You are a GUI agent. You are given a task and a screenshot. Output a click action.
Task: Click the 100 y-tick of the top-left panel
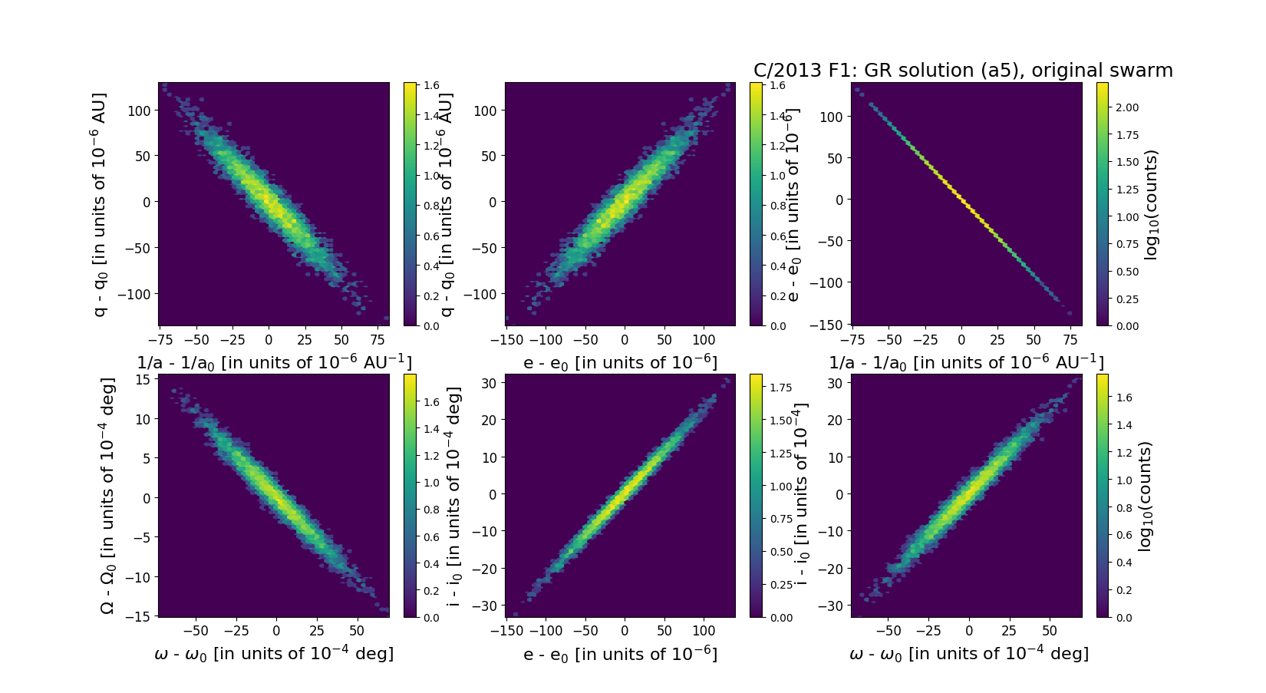click(x=141, y=111)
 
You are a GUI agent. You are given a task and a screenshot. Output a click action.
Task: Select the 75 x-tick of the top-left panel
click(x=377, y=339)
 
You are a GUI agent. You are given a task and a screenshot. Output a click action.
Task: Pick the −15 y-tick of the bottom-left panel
click(x=141, y=616)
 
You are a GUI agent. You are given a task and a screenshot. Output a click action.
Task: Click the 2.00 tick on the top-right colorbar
click(x=1128, y=107)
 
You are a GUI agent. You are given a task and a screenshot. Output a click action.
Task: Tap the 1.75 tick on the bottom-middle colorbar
click(x=780, y=388)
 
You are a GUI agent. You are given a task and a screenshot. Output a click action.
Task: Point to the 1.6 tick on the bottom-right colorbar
click(x=1124, y=398)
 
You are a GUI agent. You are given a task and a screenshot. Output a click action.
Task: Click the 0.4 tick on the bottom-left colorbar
click(x=432, y=563)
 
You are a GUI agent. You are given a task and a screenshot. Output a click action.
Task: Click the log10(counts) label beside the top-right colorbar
click(x=1150, y=205)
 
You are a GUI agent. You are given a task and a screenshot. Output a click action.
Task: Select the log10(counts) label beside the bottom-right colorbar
click(x=1146, y=496)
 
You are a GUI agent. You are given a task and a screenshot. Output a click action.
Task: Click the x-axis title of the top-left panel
click(x=274, y=362)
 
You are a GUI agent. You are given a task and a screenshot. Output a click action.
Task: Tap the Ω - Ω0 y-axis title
click(x=108, y=495)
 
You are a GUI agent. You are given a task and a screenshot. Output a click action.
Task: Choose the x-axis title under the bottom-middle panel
click(x=620, y=654)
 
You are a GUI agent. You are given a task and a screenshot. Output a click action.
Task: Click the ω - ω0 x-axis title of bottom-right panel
click(x=968, y=654)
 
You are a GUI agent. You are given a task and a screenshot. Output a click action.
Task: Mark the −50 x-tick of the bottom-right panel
click(x=889, y=631)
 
